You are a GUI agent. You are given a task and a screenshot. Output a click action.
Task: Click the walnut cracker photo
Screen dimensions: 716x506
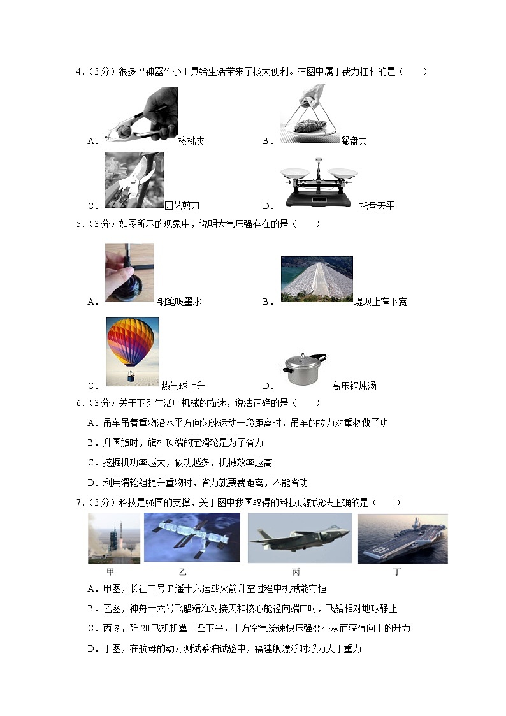(x=141, y=115)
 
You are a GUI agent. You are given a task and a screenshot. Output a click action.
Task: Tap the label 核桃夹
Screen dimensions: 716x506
(x=191, y=141)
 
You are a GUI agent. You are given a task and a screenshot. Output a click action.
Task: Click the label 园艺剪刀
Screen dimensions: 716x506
(x=182, y=206)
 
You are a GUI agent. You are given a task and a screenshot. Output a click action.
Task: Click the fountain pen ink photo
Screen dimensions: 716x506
(x=129, y=272)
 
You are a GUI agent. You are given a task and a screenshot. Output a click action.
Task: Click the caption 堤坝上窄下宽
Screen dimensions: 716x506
(x=380, y=302)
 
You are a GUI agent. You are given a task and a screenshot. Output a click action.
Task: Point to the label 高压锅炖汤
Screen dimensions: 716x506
(x=354, y=386)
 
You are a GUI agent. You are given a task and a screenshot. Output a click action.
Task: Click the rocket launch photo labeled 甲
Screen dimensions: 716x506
(x=114, y=538)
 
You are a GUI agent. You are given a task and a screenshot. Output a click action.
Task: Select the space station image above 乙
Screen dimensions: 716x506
(x=192, y=537)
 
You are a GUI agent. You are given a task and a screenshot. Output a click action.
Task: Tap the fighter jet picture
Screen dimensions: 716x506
(x=299, y=537)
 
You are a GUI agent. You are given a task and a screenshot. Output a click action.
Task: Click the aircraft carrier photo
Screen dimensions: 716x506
(x=402, y=538)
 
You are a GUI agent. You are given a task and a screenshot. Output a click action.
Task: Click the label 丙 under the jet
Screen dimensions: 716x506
(x=296, y=572)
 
